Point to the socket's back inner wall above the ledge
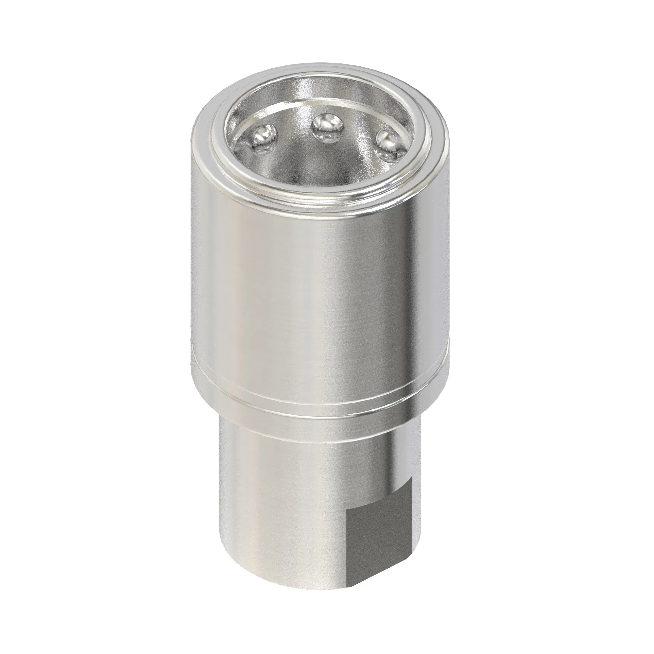(x=321, y=86)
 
